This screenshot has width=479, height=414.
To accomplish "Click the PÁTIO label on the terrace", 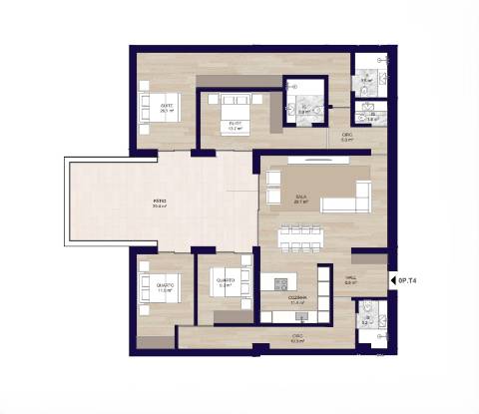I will point(160,203).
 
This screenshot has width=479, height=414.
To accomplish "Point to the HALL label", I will point(351,280).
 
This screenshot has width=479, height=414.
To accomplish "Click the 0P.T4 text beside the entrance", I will point(407,282).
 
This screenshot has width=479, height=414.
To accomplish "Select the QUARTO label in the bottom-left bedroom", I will point(165,285).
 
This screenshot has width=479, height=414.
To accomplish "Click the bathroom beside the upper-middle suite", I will point(304,104).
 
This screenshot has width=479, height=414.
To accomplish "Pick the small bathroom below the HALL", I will point(367,317).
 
